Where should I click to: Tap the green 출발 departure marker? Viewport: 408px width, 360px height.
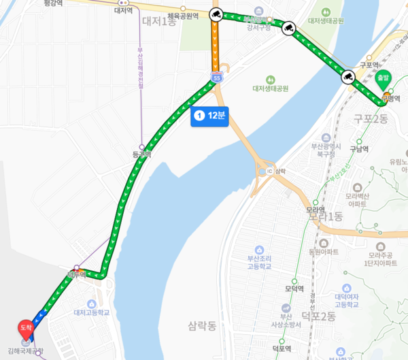(x=385, y=79)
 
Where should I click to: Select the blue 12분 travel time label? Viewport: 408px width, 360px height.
(x=209, y=116)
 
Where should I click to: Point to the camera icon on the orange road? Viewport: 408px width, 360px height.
(x=216, y=14)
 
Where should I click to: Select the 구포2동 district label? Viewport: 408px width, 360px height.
(x=370, y=118)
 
